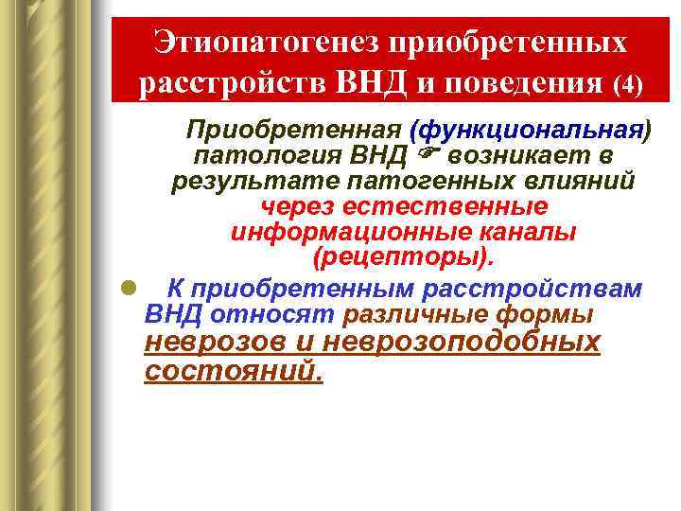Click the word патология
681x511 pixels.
[248, 155]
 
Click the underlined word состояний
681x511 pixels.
[233, 371]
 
